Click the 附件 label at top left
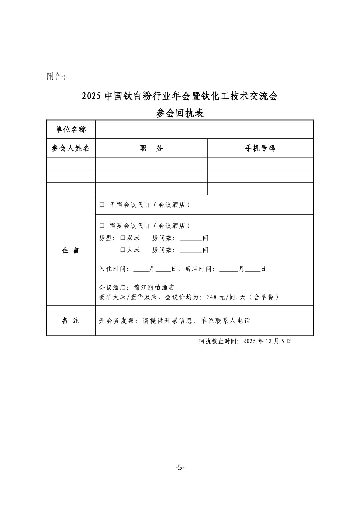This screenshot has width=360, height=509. point(56,77)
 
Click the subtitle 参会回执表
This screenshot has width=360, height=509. point(180,113)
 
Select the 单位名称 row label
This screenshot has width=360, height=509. point(71,129)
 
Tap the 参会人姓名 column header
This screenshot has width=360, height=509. point(71,148)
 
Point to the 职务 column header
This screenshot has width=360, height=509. point(151,148)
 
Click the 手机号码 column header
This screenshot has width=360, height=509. point(260,148)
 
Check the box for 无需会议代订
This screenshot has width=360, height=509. point(102,205)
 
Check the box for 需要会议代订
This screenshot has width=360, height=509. point(102,226)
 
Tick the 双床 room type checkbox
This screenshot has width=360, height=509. point(123,238)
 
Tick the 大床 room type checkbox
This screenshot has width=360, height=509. point(123,250)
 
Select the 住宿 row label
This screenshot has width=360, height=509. point(71,250)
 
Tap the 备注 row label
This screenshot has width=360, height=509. point(71,321)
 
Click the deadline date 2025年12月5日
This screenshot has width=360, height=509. point(267,341)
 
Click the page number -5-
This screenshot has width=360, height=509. point(180,467)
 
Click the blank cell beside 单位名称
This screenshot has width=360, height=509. point(204,129)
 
